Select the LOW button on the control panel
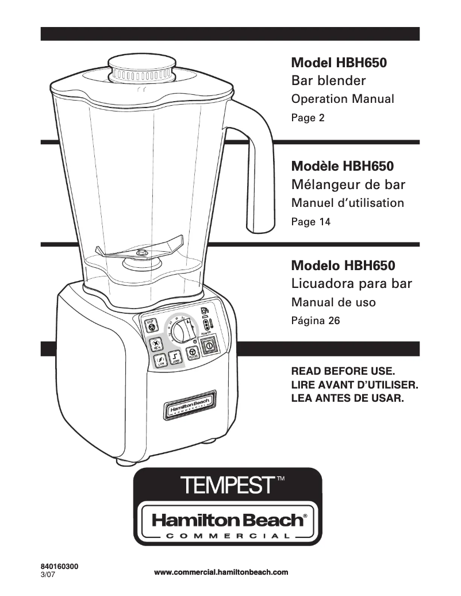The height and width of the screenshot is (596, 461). point(161,361)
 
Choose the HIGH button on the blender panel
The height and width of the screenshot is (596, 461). point(156,344)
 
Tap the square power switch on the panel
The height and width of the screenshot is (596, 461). point(209,347)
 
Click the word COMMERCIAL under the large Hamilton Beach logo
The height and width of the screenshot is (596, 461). point(227,536)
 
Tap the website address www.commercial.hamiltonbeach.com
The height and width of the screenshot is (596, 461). point(221,572)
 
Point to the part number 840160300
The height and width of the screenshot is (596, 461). point(60,566)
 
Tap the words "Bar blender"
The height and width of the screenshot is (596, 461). point(329,80)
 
